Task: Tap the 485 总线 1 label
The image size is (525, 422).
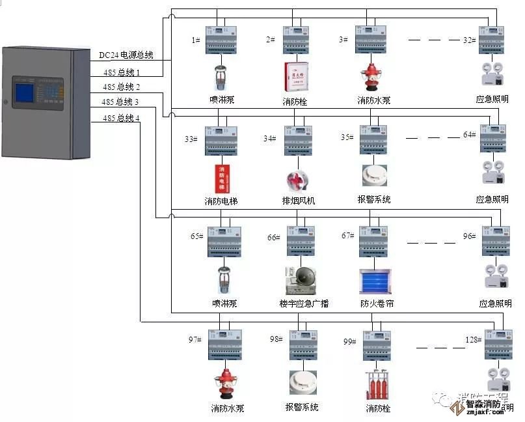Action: tap(121, 72)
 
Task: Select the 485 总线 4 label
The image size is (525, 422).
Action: tap(121, 118)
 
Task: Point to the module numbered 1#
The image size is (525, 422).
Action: tap(223, 40)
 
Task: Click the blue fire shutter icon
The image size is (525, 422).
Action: tap(375, 281)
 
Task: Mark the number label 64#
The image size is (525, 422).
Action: tap(470, 134)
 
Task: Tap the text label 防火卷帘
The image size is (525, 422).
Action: tap(377, 303)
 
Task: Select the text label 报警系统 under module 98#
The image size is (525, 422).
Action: tap(302, 407)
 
